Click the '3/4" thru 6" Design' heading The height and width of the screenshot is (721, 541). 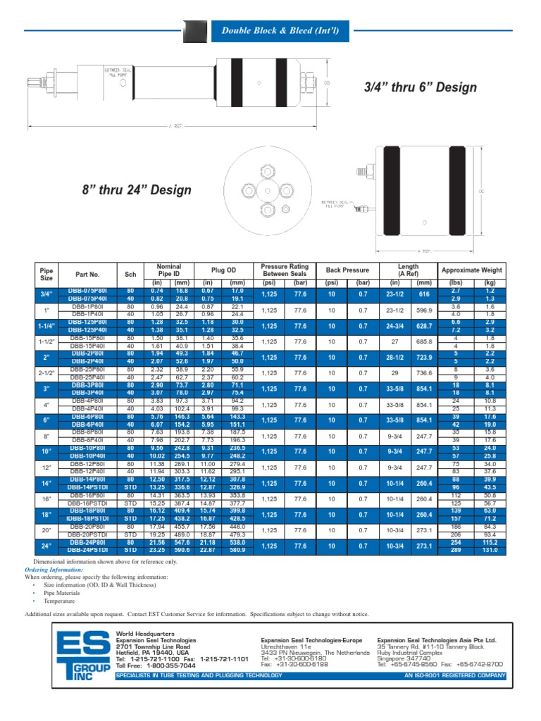[x=420, y=87]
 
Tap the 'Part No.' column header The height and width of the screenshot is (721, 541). [x=88, y=274]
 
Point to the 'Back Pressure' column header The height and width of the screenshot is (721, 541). [x=347, y=270]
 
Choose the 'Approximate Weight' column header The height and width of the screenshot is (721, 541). [x=471, y=270]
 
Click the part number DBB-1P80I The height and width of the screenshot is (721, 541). [x=86, y=307]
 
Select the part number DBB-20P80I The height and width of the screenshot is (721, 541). [x=86, y=527]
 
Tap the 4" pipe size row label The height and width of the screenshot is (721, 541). [x=46, y=405]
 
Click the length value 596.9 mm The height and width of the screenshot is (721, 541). [x=423, y=310]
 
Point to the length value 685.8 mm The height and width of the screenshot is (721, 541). [x=423, y=342]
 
